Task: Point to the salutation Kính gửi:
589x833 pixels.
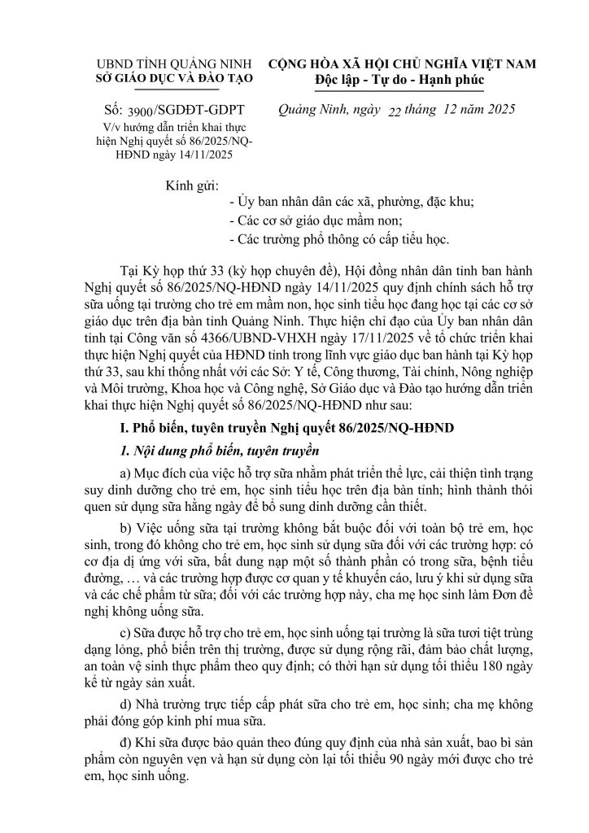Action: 192,184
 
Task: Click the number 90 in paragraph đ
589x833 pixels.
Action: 417,761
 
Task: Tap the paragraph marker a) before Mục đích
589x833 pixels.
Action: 125,473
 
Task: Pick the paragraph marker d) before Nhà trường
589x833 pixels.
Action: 125,707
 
